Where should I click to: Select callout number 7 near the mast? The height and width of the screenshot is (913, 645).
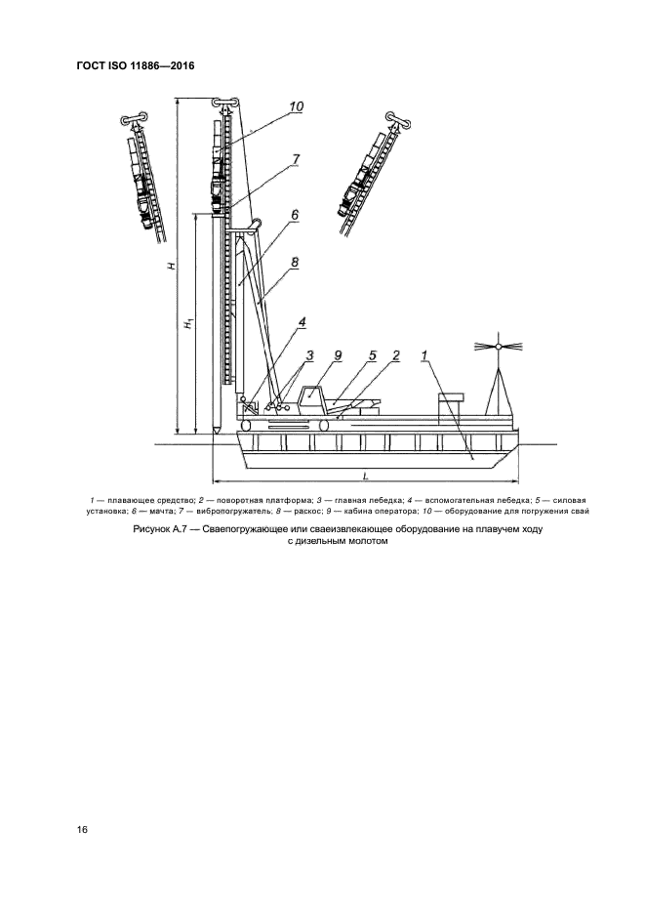tap(296, 158)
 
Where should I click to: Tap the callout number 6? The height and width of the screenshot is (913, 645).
tap(294, 215)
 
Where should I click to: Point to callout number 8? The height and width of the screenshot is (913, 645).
tap(294, 262)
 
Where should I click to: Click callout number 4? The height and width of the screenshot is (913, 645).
tap(302, 321)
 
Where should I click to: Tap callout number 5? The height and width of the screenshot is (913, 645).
tap(373, 356)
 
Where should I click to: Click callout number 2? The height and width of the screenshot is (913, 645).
tap(397, 356)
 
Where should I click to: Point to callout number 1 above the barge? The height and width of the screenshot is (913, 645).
tap(426, 356)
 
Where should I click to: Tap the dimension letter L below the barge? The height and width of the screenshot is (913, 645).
tap(363, 474)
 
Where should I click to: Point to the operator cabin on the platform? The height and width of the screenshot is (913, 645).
tap(312, 396)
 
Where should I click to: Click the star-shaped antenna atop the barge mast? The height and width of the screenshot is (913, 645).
tap(497, 347)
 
